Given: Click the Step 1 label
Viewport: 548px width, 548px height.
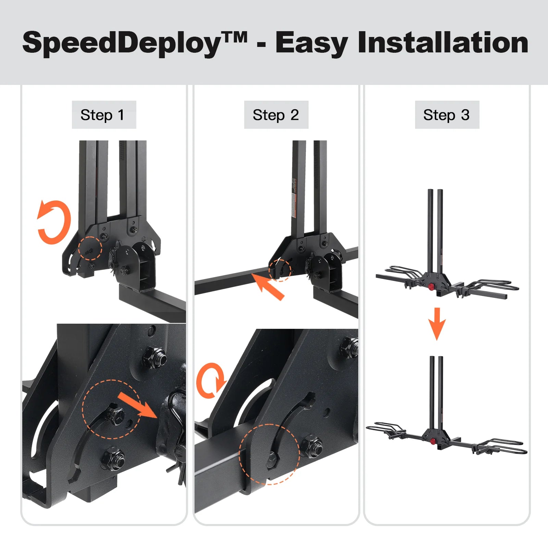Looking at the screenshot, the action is (x=102, y=115).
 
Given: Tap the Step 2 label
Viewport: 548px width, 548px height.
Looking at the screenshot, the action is (x=276, y=115).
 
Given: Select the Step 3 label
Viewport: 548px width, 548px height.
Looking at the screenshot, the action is (x=446, y=115).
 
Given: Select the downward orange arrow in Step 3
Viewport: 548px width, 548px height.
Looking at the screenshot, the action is (x=437, y=324).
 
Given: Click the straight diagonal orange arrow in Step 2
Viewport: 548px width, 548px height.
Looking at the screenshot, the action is (x=269, y=286).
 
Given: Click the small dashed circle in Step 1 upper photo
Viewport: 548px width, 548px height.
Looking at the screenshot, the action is (x=90, y=248).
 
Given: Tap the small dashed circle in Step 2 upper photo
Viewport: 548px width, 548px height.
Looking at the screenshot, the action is (x=280, y=270).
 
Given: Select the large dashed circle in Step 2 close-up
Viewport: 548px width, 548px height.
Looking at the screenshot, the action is (x=269, y=454).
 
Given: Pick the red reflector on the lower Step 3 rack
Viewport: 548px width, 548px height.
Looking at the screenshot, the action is (x=433, y=441).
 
